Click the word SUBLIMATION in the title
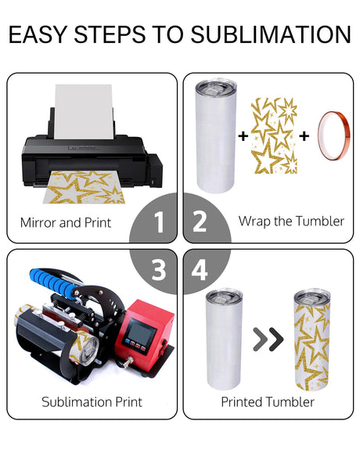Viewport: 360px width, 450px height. (x=271, y=34)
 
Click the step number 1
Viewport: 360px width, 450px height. (x=159, y=221)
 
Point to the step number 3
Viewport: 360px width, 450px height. (x=159, y=270)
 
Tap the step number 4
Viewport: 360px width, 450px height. (x=200, y=269)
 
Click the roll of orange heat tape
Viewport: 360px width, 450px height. (x=333, y=135)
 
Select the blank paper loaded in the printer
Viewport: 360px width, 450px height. (x=84, y=111)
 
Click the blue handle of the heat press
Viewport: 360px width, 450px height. (x=54, y=282)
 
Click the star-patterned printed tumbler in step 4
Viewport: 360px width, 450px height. (x=312, y=340)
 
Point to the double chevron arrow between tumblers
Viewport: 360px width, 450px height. (x=268, y=339)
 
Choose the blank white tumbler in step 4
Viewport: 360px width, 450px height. (x=224, y=339)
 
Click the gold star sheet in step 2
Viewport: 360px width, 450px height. (x=274, y=135)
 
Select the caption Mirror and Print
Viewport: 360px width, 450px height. (x=66, y=223)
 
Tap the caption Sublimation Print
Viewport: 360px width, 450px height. (x=92, y=401)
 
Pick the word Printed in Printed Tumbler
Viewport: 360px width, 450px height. (x=242, y=401)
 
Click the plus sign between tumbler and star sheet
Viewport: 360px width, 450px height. (x=243, y=135)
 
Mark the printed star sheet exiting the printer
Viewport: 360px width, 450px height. (x=84, y=187)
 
